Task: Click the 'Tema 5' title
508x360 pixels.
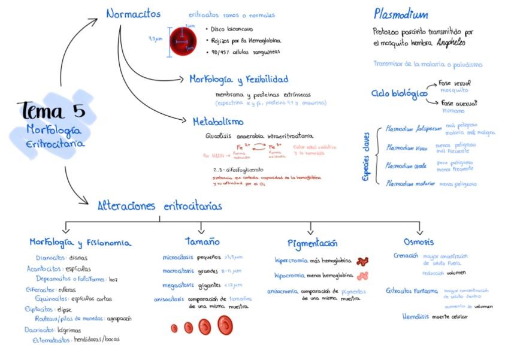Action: [x=52, y=111]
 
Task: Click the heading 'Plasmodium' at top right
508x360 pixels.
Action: [x=401, y=14]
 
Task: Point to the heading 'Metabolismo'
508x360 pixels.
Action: [x=217, y=122]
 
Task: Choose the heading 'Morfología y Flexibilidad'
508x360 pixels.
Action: [x=238, y=79]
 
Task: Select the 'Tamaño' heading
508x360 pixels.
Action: [x=202, y=241]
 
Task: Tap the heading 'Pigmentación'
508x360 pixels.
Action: [x=312, y=243]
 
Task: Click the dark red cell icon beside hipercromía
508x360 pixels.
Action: [x=362, y=261]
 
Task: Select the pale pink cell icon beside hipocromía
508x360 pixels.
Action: [x=362, y=276]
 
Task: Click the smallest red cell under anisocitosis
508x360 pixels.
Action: [x=174, y=328]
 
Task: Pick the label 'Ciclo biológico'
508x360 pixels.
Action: [x=399, y=93]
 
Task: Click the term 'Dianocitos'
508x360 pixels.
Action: [x=50, y=258]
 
